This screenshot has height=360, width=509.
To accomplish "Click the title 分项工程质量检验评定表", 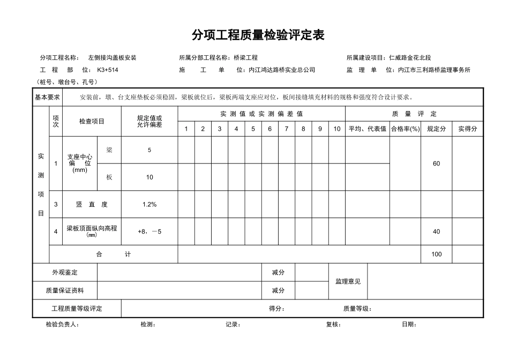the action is [x=258, y=35].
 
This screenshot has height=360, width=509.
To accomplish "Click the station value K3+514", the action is [x=107, y=70].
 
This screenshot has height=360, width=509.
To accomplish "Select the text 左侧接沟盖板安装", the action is [x=112, y=57].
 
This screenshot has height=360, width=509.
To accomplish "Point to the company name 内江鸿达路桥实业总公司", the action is [x=282, y=70].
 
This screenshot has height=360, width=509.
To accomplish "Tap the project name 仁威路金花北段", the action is [x=410, y=57].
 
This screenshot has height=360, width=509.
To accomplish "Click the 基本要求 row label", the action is [x=47, y=97].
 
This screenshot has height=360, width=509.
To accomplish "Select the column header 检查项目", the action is [x=92, y=121].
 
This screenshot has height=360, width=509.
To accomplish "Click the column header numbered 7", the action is [x=287, y=129].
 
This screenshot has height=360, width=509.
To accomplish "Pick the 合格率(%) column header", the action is [x=405, y=129].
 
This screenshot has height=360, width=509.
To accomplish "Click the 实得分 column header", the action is [x=467, y=129].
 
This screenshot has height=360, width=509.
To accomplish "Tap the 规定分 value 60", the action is [x=436, y=163].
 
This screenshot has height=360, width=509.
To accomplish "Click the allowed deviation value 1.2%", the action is [x=149, y=204].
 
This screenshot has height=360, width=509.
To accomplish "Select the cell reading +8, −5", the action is [x=149, y=231].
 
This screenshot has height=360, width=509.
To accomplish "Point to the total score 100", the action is [x=436, y=254].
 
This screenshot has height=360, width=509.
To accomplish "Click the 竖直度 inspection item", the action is [x=92, y=204].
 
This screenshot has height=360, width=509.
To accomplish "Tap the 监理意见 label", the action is [x=348, y=281].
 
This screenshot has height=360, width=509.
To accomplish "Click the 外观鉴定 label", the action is [x=65, y=273].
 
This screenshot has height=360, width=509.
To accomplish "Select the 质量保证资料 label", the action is [x=65, y=290].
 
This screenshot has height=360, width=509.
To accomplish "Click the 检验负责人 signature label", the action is [x=62, y=324].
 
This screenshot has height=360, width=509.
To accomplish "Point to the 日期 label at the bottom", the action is [x=409, y=324].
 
